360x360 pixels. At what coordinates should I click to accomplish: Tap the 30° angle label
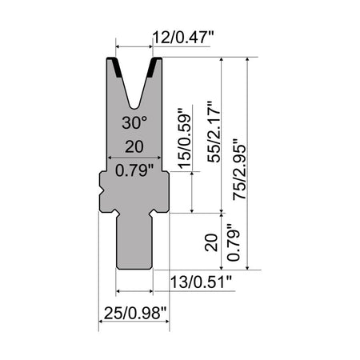[x=135, y=123]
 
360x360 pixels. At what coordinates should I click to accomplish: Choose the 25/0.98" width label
[x=134, y=310]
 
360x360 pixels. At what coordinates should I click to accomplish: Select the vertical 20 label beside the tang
[x=211, y=242]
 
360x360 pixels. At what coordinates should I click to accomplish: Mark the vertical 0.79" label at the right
[x=236, y=242]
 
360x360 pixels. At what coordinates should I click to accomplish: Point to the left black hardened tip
[x=114, y=65]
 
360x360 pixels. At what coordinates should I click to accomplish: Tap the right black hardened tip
[x=156, y=65]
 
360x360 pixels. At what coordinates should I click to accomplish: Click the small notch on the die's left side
[x=102, y=191]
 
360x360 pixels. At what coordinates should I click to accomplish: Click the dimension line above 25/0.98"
[x=134, y=324]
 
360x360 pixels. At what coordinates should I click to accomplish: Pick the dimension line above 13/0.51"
[x=134, y=290]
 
